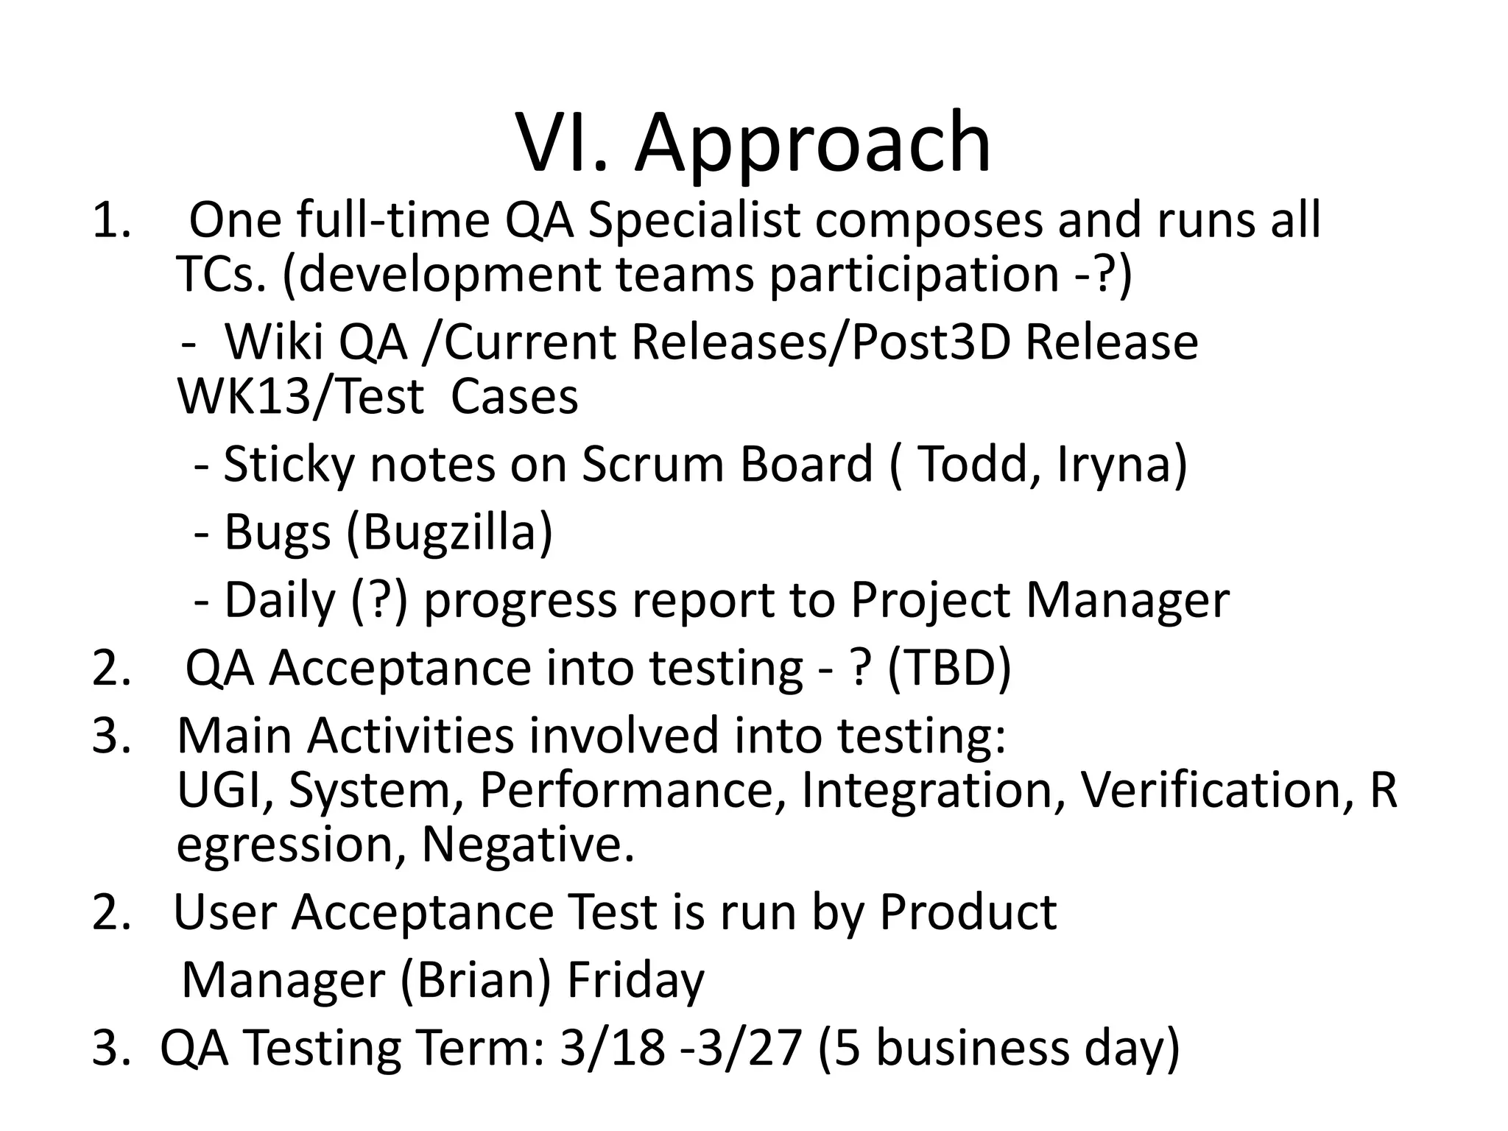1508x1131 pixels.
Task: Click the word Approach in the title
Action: (x=813, y=144)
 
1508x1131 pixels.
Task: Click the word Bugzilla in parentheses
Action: (x=448, y=532)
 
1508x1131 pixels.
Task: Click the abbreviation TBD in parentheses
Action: (x=949, y=668)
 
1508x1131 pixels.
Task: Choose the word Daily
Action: (x=280, y=600)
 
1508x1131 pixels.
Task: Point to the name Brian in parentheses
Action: (x=476, y=980)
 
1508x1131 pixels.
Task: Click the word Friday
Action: (x=635, y=980)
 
